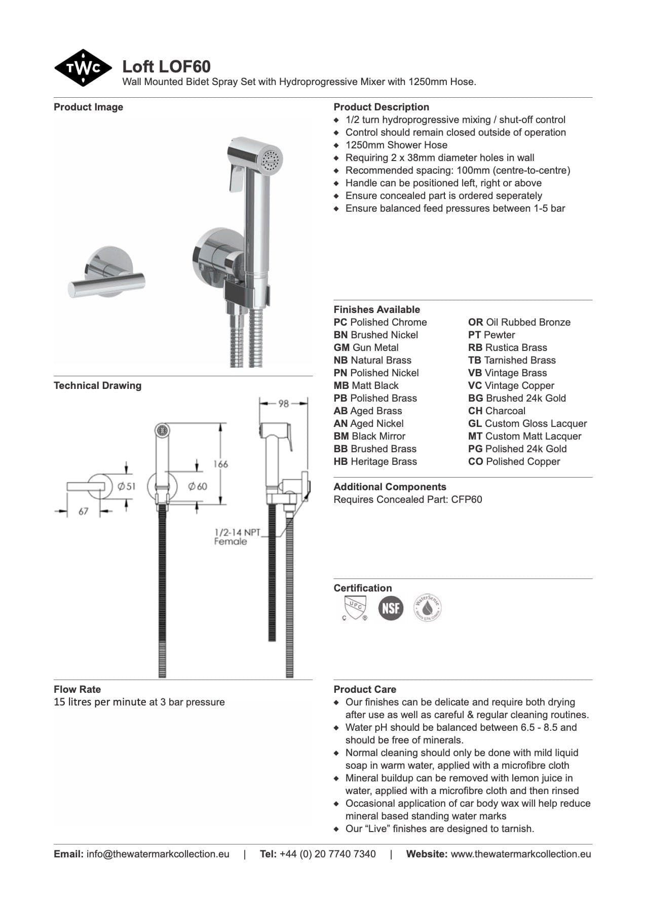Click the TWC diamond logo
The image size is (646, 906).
point(83,68)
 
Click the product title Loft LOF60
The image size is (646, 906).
point(166,66)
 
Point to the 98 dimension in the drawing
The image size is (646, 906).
point(283,404)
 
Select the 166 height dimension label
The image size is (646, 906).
point(220,463)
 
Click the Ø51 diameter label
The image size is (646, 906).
point(127,486)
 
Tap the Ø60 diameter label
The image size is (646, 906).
point(198,486)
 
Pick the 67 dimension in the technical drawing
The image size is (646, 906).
point(84,511)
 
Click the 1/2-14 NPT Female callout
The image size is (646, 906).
point(236,537)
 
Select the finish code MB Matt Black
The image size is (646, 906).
point(366,385)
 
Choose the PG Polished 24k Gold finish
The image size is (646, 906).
point(517,449)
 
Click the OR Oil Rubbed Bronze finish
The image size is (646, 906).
point(519,322)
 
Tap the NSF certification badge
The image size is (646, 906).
point(391,607)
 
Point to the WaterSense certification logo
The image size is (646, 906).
point(427,607)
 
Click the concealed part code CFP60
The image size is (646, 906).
point(467,499)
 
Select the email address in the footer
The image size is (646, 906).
point(158,854)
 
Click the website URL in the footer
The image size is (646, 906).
point(520,854)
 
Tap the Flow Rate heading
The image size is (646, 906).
point(77,689)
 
